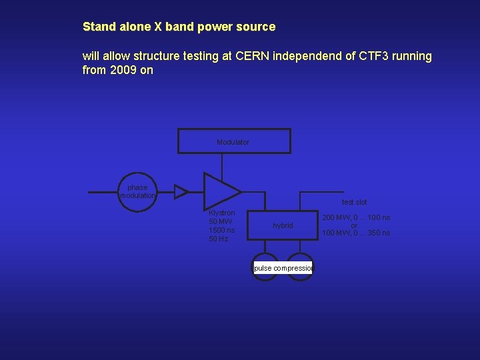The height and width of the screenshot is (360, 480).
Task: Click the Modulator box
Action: coord(234,141)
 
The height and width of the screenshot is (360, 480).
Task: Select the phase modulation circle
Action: coord(137,192)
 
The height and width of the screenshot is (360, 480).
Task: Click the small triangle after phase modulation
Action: coord(180,192)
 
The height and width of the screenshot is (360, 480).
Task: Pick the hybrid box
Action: coord(283,225)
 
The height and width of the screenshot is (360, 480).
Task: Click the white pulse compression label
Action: coord(283,268)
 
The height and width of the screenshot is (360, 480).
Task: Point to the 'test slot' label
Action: coord(354,202)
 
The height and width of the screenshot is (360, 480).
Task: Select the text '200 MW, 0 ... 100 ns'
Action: coord(356,217)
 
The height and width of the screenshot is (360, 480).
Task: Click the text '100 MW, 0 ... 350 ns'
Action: coord(356,233)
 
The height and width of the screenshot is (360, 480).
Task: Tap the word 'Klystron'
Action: coord(222,213)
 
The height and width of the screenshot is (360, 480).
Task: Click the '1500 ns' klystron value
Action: coord(222,230)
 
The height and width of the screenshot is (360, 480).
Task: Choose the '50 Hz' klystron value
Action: coord(218,239)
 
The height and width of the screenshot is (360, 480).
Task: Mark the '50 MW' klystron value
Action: coord(221,221)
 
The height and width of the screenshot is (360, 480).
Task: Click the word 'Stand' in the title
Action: coord(98,27)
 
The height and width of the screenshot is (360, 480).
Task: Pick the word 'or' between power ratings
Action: coord(354,225)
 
